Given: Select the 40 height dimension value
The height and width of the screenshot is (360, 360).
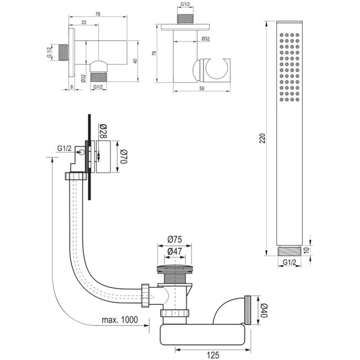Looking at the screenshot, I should point(135,61).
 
